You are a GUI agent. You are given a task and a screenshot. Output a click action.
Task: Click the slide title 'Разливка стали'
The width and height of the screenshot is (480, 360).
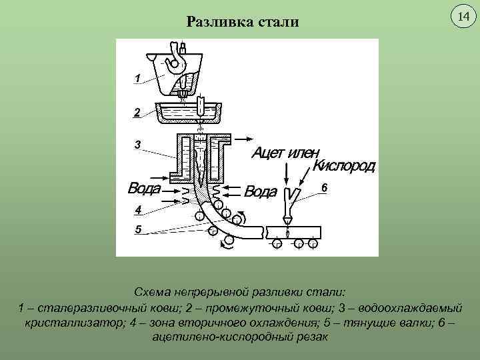tap(243, 23)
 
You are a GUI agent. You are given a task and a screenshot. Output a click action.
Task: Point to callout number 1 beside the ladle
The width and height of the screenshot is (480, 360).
tap(136, 79)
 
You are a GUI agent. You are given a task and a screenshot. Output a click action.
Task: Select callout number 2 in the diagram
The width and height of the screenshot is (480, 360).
tap(136, 113)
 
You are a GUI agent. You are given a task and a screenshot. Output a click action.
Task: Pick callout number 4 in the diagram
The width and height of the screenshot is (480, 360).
tap(137, 210)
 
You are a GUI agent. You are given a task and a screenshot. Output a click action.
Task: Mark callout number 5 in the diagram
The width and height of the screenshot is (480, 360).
tap(137, 229)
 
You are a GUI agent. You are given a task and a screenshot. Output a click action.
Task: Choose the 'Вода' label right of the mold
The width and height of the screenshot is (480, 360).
tap(260, 192)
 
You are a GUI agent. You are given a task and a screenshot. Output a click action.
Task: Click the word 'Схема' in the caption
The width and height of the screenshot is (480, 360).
tap(154, 293)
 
